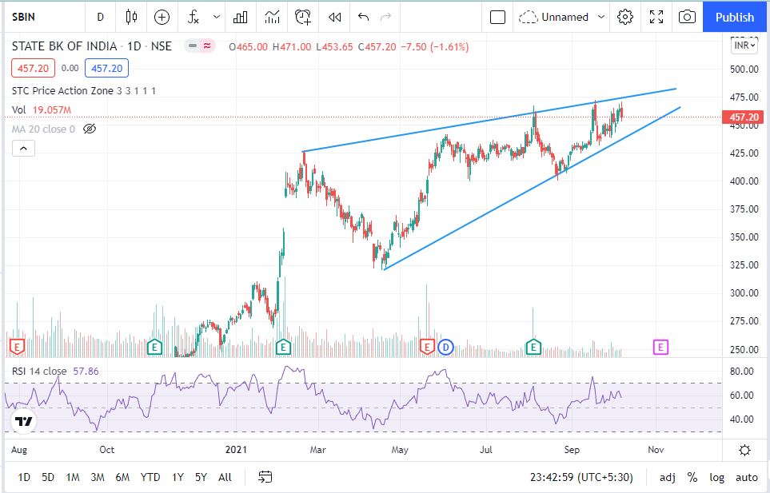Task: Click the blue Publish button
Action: coord(734,17)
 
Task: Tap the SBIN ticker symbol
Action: coord(23,17)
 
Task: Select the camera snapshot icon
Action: coord(687,17)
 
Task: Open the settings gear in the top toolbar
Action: coord(624,17)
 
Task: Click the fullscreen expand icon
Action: coord(656,17)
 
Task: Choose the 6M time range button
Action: coord(122,477)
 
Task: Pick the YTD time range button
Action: coord(150,477)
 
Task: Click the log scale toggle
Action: coord(716,477)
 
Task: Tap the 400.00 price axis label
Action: coord(744,181)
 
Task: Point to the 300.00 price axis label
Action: coord(744,293)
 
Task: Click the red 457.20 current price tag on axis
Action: coord(744,117)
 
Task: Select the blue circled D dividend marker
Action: coord(445,348)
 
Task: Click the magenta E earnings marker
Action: coord(660,348)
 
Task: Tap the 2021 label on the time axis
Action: coord(236,449)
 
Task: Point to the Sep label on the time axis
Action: coord(572,449)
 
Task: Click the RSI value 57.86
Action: coord(86,372)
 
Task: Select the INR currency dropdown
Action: coord(744,46)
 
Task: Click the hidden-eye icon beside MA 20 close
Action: coord(90,129)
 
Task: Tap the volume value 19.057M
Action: coord(51,110)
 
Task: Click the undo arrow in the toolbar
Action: coord(363,17)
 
